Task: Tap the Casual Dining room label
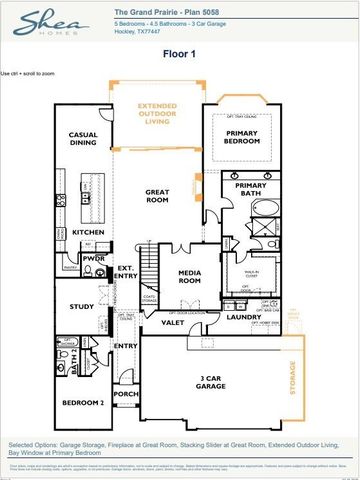pos(82,141)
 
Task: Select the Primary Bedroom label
pos(241,138)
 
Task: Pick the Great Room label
pos(158,197)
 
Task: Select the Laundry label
pos(243,317)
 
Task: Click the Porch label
pos(125,393)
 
